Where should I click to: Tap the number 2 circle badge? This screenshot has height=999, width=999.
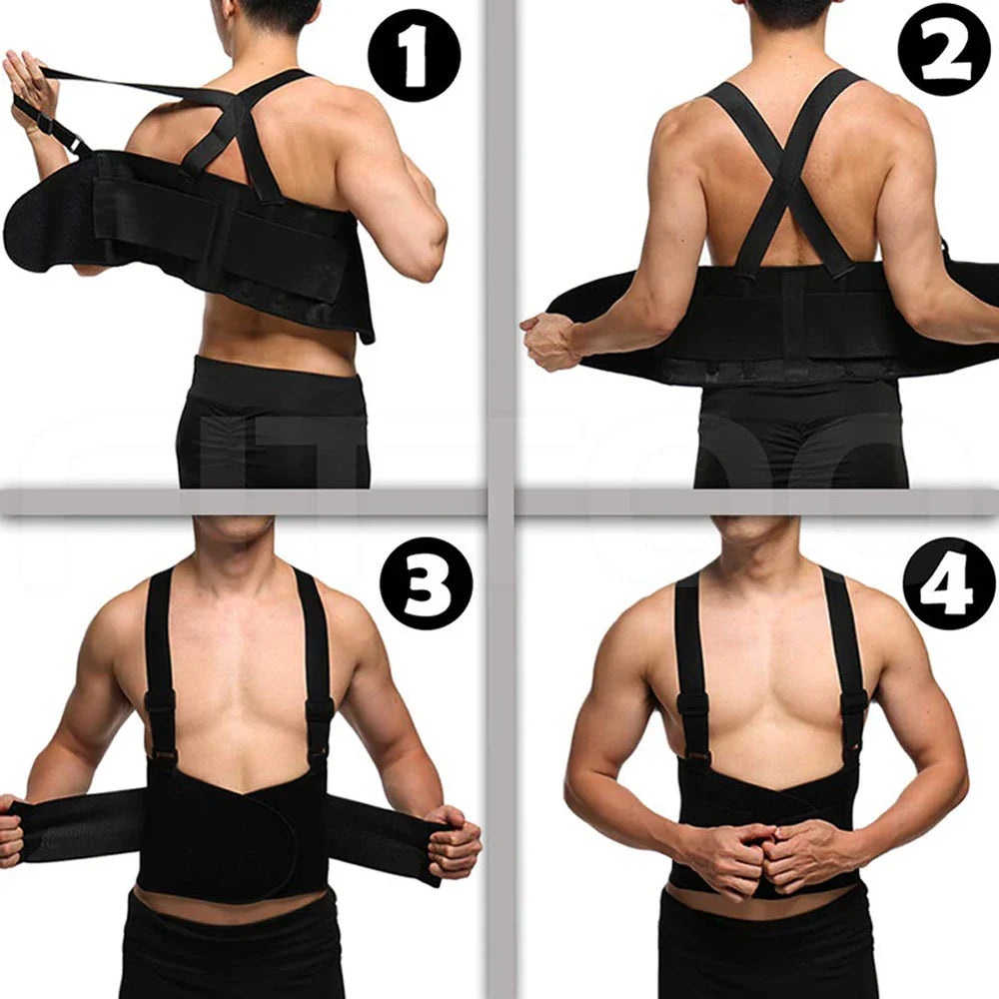pos(944,49)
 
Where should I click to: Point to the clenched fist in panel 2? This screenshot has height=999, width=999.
pos(548,341)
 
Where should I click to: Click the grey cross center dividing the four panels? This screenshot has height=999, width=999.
pos(499,499)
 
